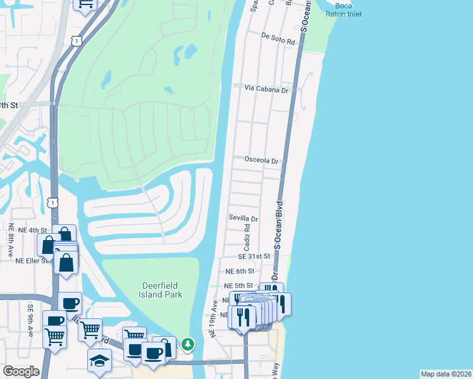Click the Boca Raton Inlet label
pyautogui.click(x=343, y=9)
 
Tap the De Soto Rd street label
pyautogui.click(x=278, y=41)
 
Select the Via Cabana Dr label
pyautogui.click(x=267, y=89)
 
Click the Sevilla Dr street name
pyautogui.click(x=243, y=219)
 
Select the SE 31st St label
pyautogui.click(x=254, y=256)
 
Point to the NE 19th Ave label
pyautogui.click(x=215, y=318)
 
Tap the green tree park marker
pyautogui.click(x=188, y=344)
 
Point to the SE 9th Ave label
pyautogui.click(x=30, y=320)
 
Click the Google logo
pyautogui.click(x=21, y=371)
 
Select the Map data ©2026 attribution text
pyautogui.click(x=445, y=373)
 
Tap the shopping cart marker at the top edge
pyautogui.click(x=85, y=5)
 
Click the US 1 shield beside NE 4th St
pyautogui.click(x=52, y=202)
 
